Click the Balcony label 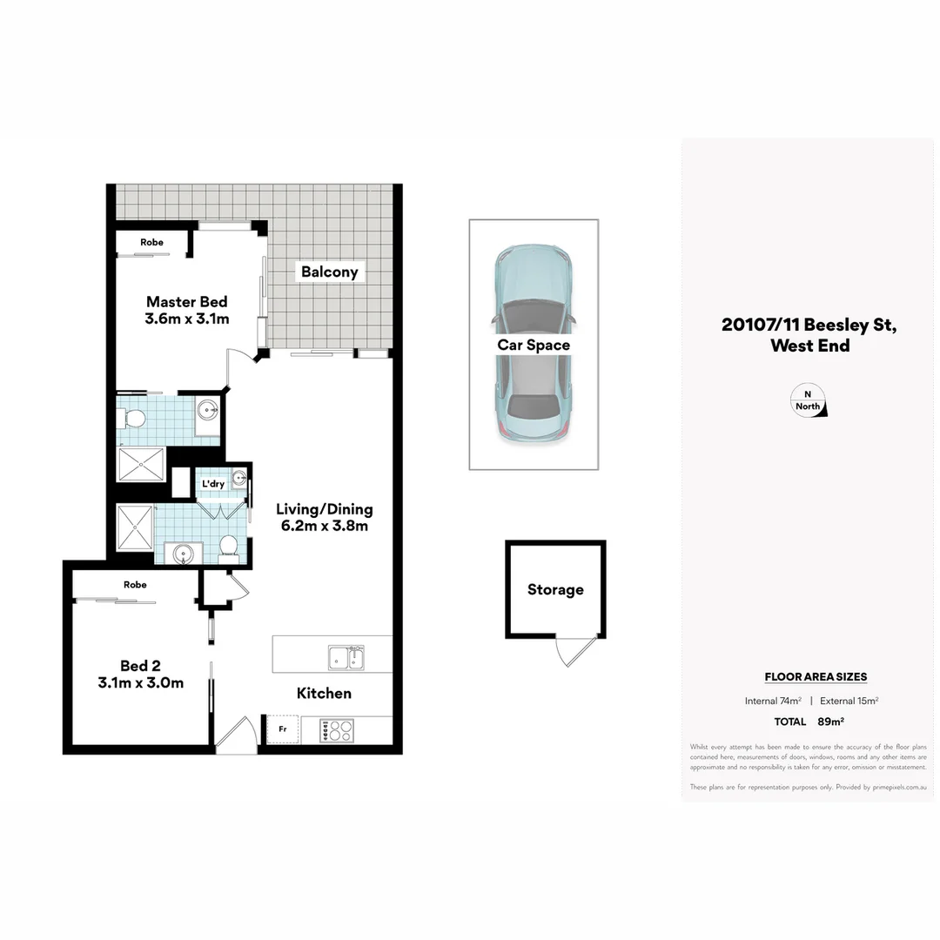point(329,272)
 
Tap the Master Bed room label point(186,302)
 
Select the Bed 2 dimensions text point(141,683)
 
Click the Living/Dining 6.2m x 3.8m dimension point(324,526)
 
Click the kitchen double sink point(346,657)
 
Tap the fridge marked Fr point(283,728)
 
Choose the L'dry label point(213,484)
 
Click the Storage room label point(555,590)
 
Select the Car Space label point(534,345)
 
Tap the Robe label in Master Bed point(151,242)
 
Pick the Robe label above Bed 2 point(135,585)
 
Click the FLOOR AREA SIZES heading point(816,677)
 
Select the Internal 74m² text point(773,701)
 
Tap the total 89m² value point(831,722)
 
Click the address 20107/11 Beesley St point(809,326)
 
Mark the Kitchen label point(324,694)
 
